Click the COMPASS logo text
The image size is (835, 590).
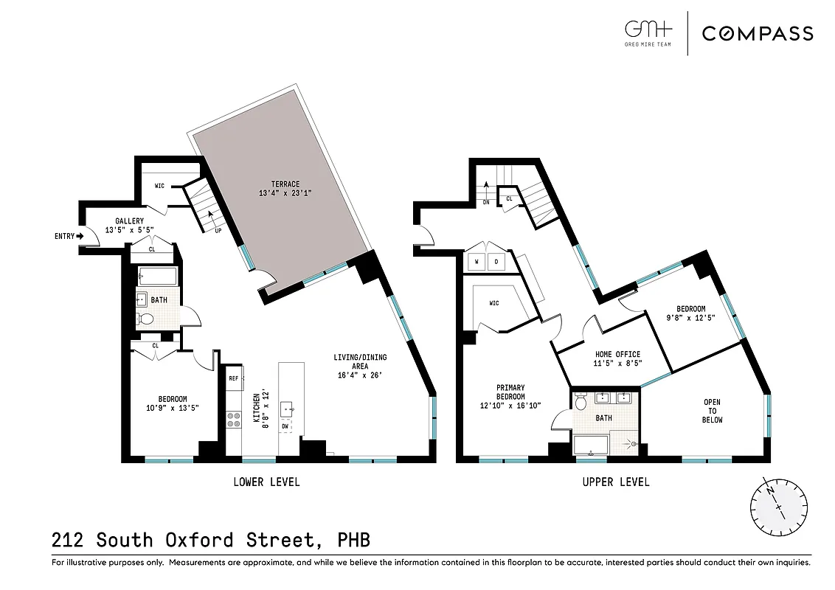[757, 33]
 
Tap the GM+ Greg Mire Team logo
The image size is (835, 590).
[648, 33]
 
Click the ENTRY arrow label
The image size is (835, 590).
[69, 236]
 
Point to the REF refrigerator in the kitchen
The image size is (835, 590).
[234, 378]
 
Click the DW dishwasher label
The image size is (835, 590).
[285, 426]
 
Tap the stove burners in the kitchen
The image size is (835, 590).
[234, 420]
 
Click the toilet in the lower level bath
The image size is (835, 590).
[145, 319]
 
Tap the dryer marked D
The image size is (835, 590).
[496, 262]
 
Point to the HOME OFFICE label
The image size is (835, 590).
[617, 358]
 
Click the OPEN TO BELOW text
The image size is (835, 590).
[712, 411]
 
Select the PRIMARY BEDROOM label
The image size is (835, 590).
[510, 396]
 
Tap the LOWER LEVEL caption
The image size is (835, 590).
[266, 482]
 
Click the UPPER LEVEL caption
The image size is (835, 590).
[616, 482]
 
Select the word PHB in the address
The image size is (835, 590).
[351, 541]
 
